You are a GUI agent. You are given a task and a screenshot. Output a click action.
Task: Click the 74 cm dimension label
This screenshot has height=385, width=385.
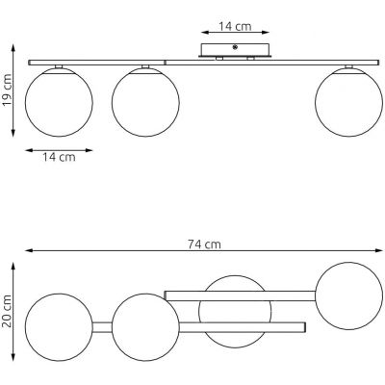[204, 244]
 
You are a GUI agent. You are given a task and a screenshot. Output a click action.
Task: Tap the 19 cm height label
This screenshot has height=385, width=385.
[7, 90]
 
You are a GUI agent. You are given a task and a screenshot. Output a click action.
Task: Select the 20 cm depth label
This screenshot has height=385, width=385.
[7, 311]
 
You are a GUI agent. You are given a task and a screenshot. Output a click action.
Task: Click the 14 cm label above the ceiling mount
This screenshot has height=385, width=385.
[235, 26]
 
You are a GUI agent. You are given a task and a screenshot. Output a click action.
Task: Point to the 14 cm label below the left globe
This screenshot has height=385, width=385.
[59, 157]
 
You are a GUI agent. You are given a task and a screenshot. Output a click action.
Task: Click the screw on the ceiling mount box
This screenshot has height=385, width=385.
[235, 47]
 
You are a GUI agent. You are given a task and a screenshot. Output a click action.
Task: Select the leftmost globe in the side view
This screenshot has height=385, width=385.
[59, 102]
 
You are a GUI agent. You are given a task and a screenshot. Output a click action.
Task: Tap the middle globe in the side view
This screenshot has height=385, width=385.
[145, 102]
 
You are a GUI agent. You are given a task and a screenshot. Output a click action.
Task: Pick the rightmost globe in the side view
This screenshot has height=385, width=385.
[349, 102]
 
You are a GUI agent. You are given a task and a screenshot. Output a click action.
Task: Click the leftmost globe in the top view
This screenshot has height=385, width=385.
[59, 327]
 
